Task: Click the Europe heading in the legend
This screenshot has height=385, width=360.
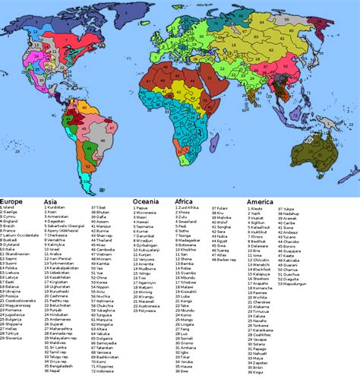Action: click(x=13, y=200)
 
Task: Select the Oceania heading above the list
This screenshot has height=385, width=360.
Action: click(x=147, y=200)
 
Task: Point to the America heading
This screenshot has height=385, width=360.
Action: click(x=261, y=200)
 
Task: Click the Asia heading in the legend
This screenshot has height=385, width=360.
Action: click(x=52, y=200)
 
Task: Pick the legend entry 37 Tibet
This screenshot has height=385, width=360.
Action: click(x=103, y=207)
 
